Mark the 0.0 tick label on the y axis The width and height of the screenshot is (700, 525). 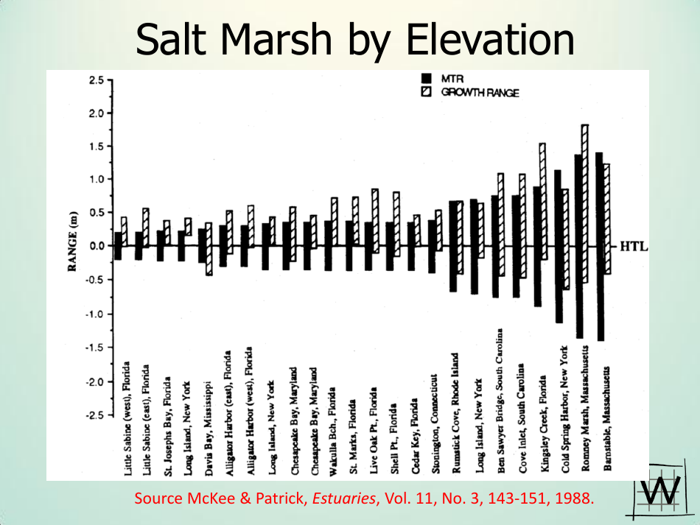pos(95,246)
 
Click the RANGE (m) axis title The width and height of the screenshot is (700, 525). pos(74,247)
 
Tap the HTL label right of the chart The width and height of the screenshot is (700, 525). pos(633,246)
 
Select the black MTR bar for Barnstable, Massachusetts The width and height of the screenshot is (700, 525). pos(599,246)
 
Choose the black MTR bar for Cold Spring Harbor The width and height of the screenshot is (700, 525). pos(558,246)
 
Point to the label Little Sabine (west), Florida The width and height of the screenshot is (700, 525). pos(128,418)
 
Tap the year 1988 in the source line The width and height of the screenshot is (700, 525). pos(574,498)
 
